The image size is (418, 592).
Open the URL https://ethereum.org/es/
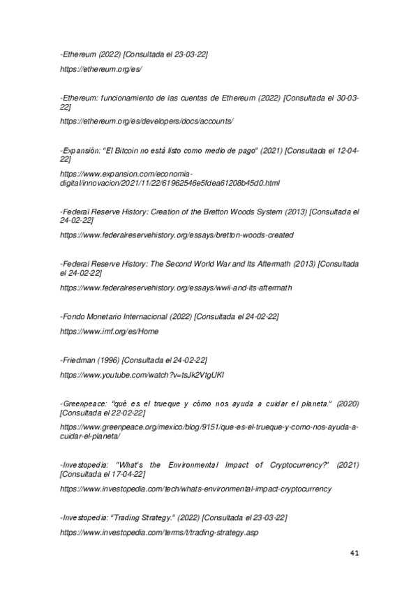[x=101, y=70]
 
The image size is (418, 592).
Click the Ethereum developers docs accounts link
[x=147, y=121]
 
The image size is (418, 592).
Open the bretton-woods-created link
[x=177, y=235]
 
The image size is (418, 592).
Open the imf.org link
[x=109, y=331]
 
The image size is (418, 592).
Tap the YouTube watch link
[x=142, y=375]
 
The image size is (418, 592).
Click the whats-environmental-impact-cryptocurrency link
[x=195, y=489]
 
